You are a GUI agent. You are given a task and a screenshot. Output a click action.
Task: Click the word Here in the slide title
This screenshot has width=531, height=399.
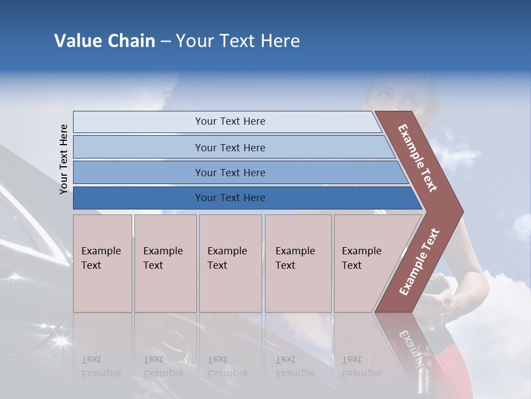[280, 41]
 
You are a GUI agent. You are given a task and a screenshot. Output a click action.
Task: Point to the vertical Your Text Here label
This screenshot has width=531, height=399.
[64, 159]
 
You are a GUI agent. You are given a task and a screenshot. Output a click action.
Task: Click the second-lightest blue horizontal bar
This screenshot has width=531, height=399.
[230, 147]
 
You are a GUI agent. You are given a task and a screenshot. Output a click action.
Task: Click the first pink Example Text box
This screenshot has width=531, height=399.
[102, 263]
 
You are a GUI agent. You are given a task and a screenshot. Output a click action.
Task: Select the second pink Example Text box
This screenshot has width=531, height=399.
[165, 263]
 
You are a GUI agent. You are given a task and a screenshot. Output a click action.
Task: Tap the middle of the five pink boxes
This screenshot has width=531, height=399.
[230, 263]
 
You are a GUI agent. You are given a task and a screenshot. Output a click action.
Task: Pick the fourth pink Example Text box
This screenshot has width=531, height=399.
[298, 263]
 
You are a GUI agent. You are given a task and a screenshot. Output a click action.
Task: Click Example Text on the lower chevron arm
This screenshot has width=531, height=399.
[419, 262]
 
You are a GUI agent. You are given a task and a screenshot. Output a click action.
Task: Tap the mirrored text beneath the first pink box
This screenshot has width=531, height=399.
[101, 366]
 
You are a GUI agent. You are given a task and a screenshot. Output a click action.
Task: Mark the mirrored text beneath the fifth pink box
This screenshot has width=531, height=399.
[361, 366]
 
